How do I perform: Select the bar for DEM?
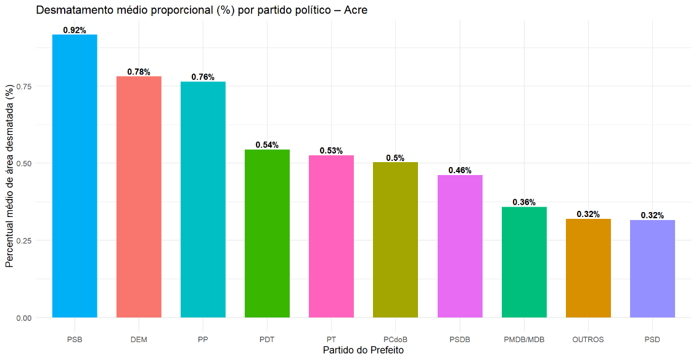(x=139, y=197)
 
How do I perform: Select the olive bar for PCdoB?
(x=395, y=240)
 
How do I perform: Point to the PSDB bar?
(x=460, y=246)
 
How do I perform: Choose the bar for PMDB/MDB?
(x=524, y=262)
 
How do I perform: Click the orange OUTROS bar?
(x=588, y=268)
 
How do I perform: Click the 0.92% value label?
(x=75, y=30)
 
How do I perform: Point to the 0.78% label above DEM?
(x=139, y=72)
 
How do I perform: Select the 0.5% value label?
(x=395, y=158)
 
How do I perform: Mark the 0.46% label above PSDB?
(x=460, y=171)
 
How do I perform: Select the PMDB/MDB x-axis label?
(x=524, y=340)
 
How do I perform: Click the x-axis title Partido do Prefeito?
(x=363, y=350)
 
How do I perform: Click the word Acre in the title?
(x=355, y=10)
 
